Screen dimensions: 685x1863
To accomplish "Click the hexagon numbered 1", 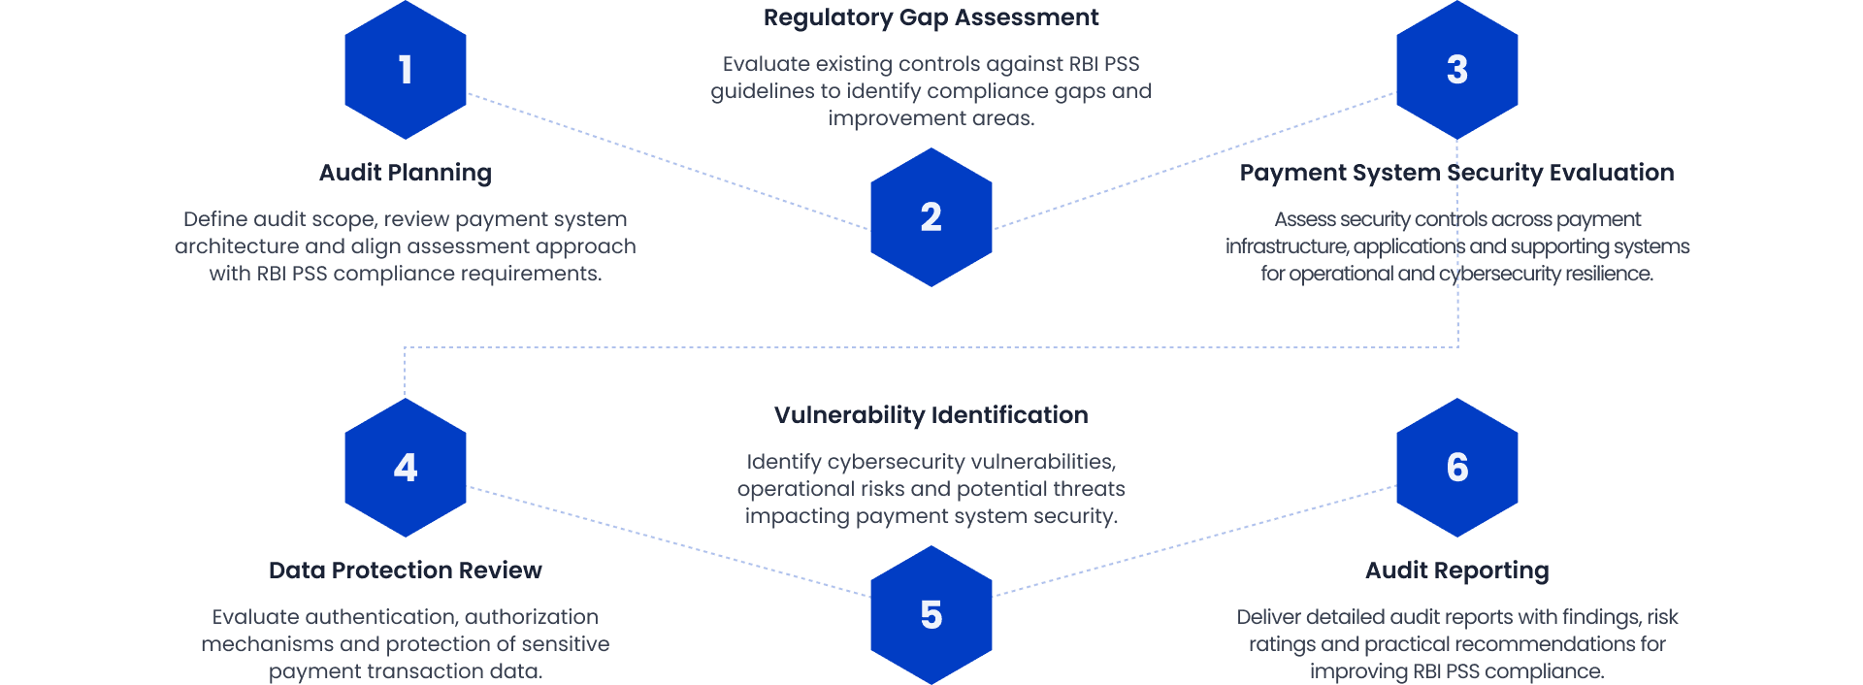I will click(x=406, y=70).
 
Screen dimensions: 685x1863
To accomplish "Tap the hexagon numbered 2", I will click(x=931, y=217).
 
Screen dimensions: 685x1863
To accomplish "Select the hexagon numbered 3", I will click(x=1456, y=70).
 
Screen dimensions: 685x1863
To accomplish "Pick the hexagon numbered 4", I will click(x=406, y=468).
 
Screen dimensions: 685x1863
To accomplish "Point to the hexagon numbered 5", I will click(x=931, y=615).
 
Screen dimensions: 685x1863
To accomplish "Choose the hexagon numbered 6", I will click(x=1456, y=468).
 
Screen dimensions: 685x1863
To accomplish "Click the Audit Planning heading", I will click(x=406, y=173).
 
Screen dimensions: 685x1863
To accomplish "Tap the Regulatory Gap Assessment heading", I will click(x=931, y=17).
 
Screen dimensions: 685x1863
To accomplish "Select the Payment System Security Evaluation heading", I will click(x=1456, y=173).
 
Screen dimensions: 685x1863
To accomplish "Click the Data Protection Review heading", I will click(x=406, y=571).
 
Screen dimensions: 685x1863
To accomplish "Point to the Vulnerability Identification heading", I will click(x=931, y=415).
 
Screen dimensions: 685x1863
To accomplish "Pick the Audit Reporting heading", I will click(x=1456, y=571).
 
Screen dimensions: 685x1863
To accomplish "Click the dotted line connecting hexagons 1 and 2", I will click(x=670, y=161).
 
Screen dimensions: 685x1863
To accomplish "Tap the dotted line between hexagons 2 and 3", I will click(x=1195, y=160).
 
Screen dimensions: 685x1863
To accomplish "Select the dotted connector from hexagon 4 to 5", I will click(x=670, y=542).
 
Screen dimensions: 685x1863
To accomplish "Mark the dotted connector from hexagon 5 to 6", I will click(x=1195, y=540).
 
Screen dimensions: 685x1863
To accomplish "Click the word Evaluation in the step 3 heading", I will click(x=1612, y=173).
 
